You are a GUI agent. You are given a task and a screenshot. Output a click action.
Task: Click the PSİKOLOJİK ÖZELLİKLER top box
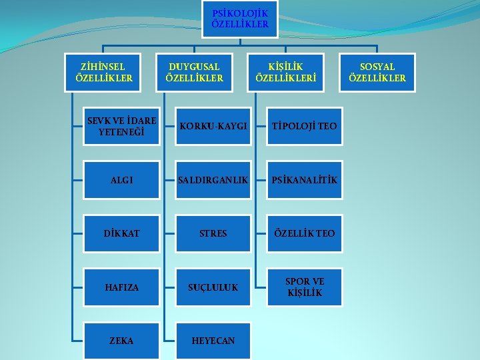pos(239,19)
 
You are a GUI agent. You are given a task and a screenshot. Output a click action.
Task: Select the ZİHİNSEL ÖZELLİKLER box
pos(105,72)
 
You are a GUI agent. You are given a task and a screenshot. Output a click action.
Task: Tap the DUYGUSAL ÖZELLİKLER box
pos(194,72)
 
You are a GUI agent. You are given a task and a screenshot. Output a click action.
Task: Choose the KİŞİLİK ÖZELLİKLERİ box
pos(285,72)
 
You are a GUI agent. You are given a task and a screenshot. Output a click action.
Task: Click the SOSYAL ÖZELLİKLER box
pos(377,72)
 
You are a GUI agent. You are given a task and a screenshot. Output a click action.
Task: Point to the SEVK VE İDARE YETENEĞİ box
pos(121,126)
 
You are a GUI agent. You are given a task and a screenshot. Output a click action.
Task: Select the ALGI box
pos(121,180)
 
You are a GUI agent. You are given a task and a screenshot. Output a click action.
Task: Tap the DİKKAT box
pos(121,234)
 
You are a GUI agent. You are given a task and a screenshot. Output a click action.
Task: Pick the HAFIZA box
pos(121,287)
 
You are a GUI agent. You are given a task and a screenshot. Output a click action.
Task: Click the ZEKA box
pos(121,341)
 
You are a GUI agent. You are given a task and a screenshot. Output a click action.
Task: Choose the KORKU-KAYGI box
pos(213,126)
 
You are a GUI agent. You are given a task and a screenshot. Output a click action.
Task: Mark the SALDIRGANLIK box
pos(213,180)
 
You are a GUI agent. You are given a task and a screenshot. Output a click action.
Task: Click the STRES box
pos(213,234)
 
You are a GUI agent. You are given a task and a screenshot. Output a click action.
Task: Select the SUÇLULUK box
pos(213,287)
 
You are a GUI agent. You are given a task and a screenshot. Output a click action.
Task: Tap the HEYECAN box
pos(213,341)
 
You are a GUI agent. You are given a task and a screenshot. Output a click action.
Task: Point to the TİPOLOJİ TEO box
pos(304,126)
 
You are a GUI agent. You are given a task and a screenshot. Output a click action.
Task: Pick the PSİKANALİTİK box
pos(304,180)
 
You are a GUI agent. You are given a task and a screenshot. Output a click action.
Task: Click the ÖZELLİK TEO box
pos(304,234)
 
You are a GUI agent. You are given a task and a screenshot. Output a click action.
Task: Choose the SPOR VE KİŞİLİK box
pos(304,287)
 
